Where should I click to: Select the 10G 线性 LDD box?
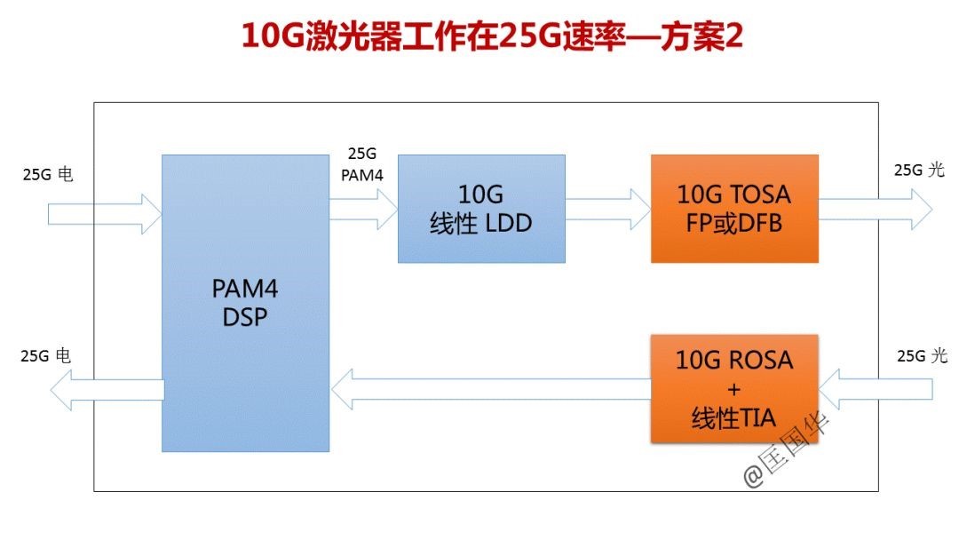click(x=480, y=209)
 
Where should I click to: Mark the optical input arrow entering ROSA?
click(x=876, y=388)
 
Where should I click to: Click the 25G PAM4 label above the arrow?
click(x=361, y=164)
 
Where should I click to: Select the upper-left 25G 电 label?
click(x=48, y=174)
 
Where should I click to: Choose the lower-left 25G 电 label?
click(x=46, y=355)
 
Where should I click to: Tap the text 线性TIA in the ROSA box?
click(x=733, y=418)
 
